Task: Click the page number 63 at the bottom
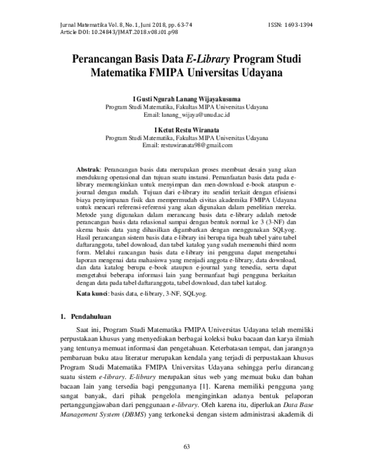pos(187,448)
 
